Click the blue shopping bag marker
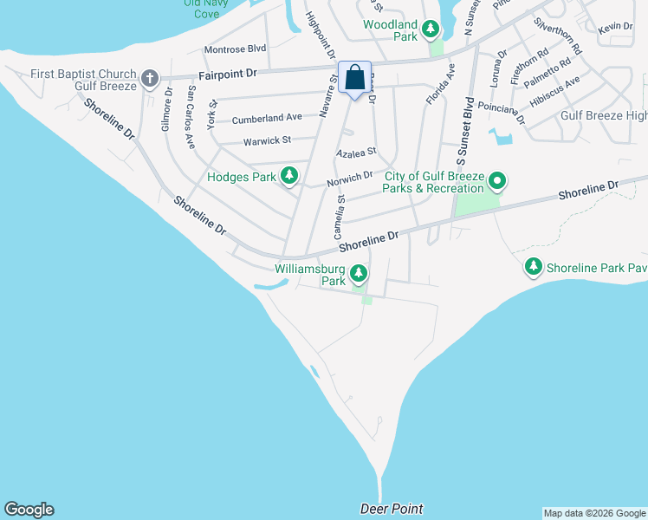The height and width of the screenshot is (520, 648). tap(355, 78)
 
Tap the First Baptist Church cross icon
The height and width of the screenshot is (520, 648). tap(150, 80)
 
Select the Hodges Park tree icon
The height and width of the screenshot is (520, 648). tap(289, 177)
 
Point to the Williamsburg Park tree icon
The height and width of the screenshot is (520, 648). tap(359, 275)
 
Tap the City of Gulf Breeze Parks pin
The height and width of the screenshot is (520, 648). tap(497, 182)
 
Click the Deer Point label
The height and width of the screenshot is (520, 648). tap(392, 509)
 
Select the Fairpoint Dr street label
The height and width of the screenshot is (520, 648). tap(228, 75)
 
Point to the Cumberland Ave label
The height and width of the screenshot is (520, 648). tap(267, 117)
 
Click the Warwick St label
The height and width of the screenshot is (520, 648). tap(267, 140)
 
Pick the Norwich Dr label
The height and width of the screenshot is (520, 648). tap(349, 179)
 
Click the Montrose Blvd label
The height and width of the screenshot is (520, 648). tap(235, 49)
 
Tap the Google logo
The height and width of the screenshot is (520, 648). tap(29, 510)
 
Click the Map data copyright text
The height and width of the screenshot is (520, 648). tap(594, 513)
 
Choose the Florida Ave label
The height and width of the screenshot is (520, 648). tap(440, 84)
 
